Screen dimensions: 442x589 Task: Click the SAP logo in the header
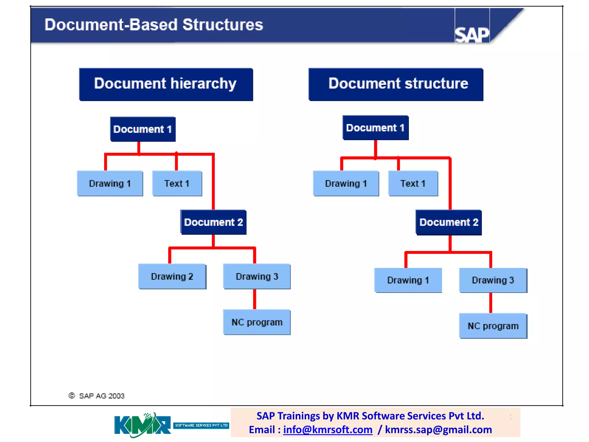coord(472,35)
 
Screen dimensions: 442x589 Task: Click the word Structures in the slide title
coord(223,25)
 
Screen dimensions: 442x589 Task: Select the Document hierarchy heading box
coord(166,84)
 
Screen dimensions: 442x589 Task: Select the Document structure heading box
coord(396,84)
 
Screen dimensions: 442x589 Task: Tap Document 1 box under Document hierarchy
coord(143,129)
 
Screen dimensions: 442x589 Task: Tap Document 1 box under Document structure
coord(375,128)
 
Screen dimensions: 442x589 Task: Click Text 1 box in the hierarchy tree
coord(177,184)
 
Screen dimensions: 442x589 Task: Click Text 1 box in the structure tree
coord(413,184)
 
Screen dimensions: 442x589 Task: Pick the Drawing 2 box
coord(172,277)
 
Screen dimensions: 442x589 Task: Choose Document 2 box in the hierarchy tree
coord(213,222)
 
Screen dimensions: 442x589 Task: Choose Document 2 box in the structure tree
coord(449,222)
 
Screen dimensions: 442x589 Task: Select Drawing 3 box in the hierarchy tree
coord(257,277)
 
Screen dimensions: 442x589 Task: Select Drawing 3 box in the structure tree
coord(493,280)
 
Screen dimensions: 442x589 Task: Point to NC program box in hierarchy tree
coord(257,322)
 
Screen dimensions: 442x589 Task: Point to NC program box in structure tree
coord(493,326)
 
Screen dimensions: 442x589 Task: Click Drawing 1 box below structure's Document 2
coord(408,280)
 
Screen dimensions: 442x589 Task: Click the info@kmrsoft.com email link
coord(328,430)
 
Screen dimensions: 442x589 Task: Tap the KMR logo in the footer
coord(142,425)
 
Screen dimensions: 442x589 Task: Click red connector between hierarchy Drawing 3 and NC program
coord(255,299)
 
